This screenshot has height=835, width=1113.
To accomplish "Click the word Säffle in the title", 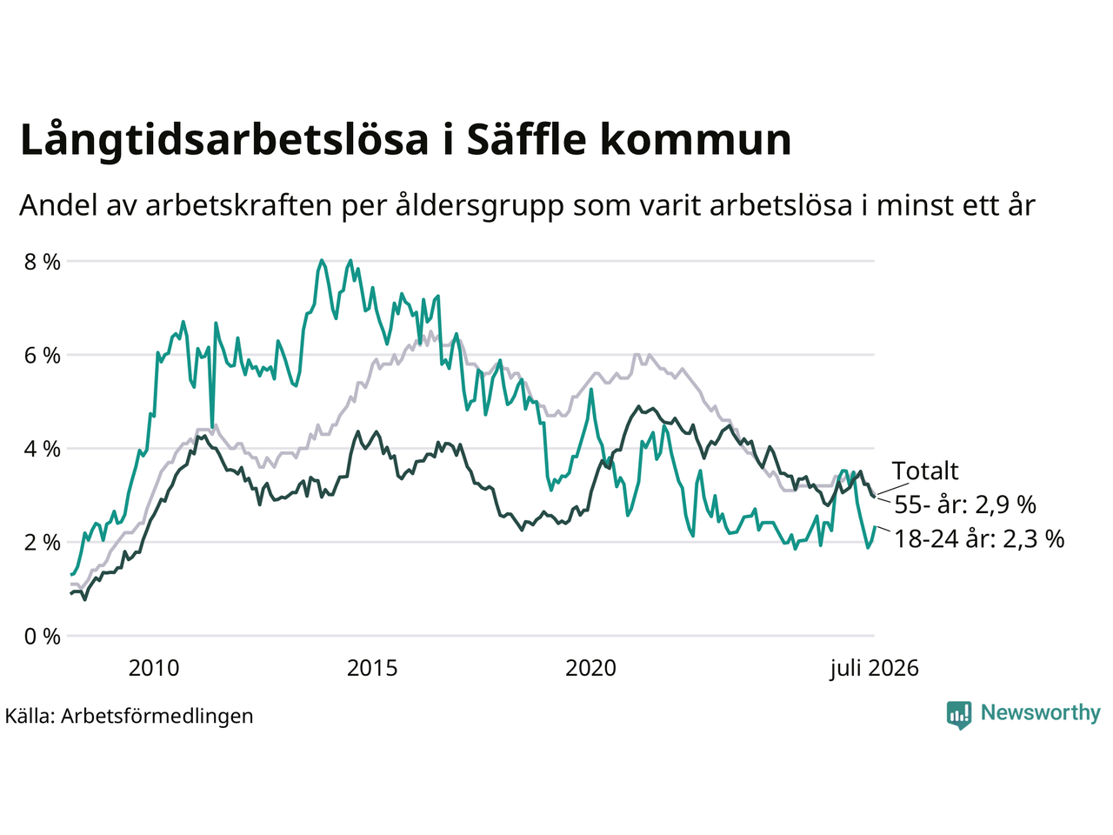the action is pos(526,139).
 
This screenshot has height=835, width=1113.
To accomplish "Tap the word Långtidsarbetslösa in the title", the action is pos(224,141).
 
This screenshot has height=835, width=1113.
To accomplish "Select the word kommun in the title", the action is pos(696,139).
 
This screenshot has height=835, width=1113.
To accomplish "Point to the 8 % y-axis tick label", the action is pos(43,262).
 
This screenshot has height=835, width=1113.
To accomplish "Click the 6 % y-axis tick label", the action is pos(43,356).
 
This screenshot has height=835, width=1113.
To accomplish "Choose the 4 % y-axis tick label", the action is pos(43,449).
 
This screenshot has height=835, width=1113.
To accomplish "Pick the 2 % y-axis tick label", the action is pos(43,543).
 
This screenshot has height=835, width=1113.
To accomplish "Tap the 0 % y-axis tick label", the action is pos(43,637).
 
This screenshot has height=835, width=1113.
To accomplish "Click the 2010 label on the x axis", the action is pos(154,668).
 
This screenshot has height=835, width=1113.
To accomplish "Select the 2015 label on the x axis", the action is pos(372,668).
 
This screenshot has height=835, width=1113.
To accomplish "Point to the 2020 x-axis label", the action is pos(590,668).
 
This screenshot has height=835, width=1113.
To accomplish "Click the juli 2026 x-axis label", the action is pos(874,669).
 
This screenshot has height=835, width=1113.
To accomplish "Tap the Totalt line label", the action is pos(925,471).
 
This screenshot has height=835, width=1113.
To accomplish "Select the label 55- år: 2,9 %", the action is pos(965,504).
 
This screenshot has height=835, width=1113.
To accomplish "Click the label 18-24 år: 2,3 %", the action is pos(979,538).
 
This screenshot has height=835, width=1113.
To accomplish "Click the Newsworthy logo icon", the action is pos(959,715).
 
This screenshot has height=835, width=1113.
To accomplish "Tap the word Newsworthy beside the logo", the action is pos(1041,713).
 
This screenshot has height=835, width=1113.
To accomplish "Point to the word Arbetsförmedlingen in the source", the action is pos(157,717).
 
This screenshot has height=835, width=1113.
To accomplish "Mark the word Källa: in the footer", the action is pos(30,717).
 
